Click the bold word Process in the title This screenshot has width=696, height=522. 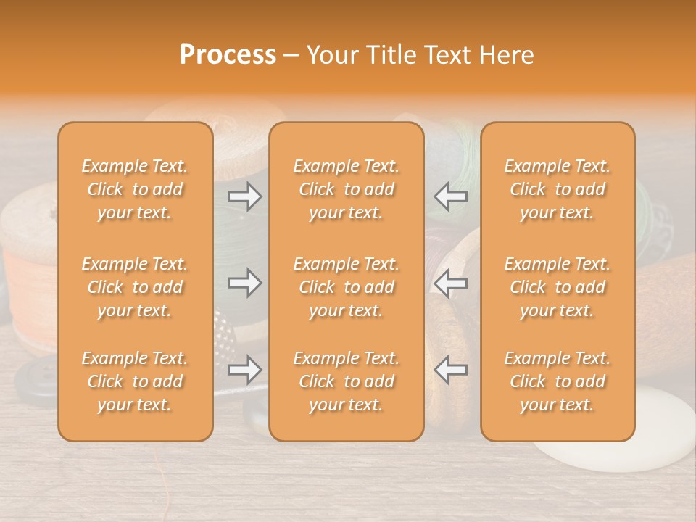click(x=228, y=55)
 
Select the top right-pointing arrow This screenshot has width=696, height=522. click(x=244, y=196)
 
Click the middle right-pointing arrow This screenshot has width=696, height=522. click(x=244, y=283)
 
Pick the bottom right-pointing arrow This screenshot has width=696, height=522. click(x=244, y=370)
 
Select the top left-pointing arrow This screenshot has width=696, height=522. click(x=450, y=196)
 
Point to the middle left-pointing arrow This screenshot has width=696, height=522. click(x=450, y=283)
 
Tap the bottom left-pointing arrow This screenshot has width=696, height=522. click(x=450, y=370)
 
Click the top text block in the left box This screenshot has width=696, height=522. click(x=135, y=189)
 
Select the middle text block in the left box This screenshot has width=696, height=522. click(x=135, y=287)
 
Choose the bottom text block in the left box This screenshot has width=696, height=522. click(x=135, y=381)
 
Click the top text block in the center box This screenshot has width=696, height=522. click(x=347, y=189)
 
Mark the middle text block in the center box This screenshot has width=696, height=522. click(x=347, y=287)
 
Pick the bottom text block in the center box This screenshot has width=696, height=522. click(x=347, y=381)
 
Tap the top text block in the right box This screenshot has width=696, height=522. click(x=558, y=189)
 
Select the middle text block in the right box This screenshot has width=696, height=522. click(x=558, y=287)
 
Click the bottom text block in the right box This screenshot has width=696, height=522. click(x=558, y=381)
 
